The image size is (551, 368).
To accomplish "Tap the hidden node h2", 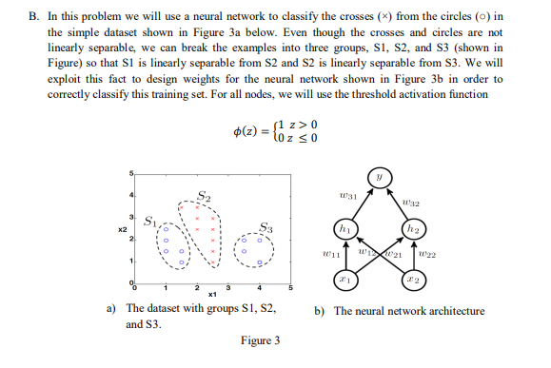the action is [415, 229].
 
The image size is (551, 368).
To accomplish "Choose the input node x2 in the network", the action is [415, 281].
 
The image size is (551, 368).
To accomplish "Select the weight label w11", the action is [327, 253].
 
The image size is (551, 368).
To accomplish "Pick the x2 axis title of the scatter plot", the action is [121, 230].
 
